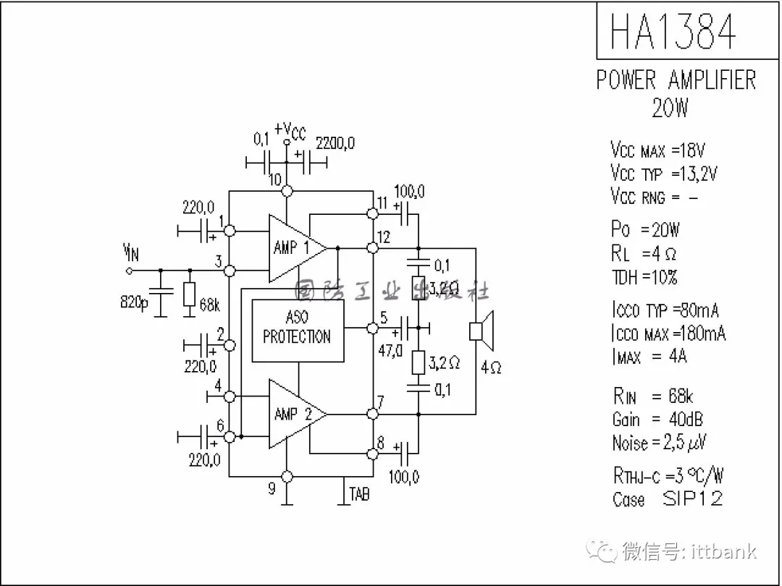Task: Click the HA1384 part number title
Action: [x=673, y=31]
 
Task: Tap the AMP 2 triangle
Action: [x=293, y=414]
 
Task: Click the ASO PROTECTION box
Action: [x=297, y=330]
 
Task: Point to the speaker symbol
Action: [x=481, y=330]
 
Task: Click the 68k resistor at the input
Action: [x=190, y=294]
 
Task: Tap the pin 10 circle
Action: [x=287, y=191]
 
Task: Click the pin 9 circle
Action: [x=287, y=476]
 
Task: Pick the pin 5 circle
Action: [x=373, y=328]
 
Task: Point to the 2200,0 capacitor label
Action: [x=335, y=143]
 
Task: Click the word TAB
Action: [x=359, y=494]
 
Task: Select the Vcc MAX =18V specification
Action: [x=657, y=150]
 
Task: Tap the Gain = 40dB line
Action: [x=657, y=419]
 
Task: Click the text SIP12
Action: [x=692, y=498]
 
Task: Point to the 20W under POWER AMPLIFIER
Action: [x=670, y=109]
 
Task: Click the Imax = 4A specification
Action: [x=649, y=356]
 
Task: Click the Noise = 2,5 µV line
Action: [x=659, y=442]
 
